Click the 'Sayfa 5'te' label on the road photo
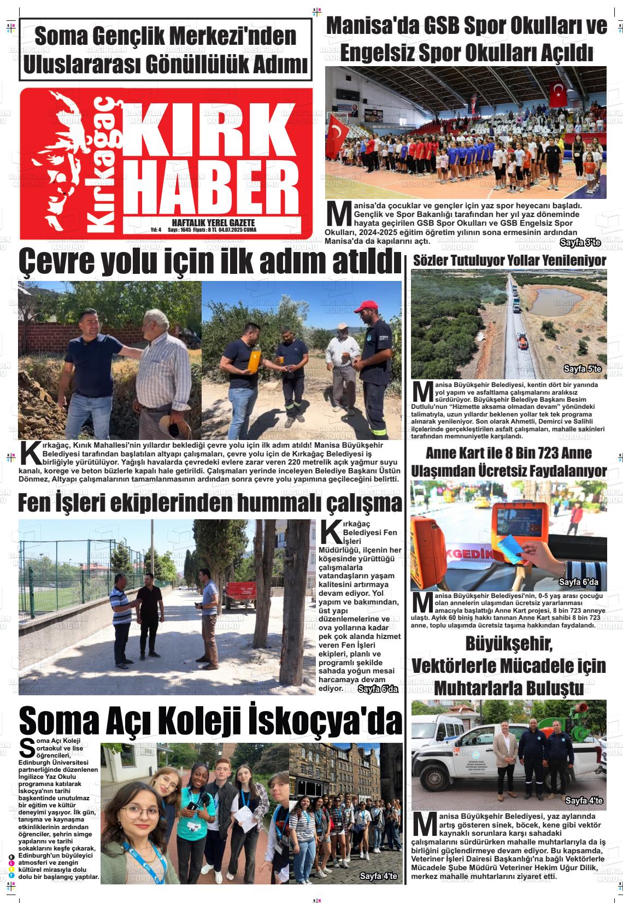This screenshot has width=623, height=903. pos(583,370)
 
